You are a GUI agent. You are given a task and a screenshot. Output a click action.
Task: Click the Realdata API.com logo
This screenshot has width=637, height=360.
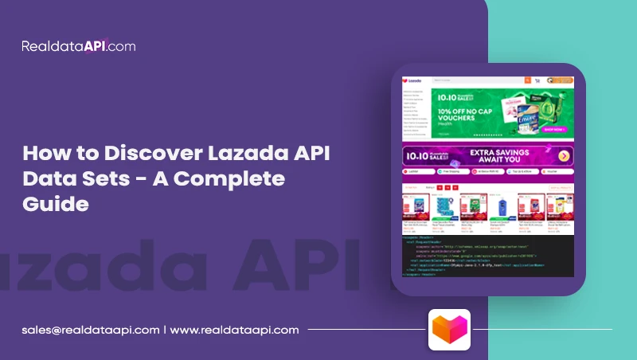79,46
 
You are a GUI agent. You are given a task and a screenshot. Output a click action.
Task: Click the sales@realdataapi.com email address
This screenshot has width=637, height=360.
90,329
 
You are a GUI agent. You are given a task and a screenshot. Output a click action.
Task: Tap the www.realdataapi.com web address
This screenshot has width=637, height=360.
234,329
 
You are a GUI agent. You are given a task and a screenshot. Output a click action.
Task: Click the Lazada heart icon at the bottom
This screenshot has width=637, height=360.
449,329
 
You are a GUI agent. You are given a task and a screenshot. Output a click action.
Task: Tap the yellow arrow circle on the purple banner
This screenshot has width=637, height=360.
564,156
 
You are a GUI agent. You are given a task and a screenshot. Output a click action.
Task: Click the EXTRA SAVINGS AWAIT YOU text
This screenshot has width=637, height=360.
509,156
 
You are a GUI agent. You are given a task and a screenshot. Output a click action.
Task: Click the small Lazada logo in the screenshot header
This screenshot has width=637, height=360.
411,80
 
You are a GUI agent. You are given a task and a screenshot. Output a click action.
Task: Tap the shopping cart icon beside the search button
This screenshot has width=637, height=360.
537,80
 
